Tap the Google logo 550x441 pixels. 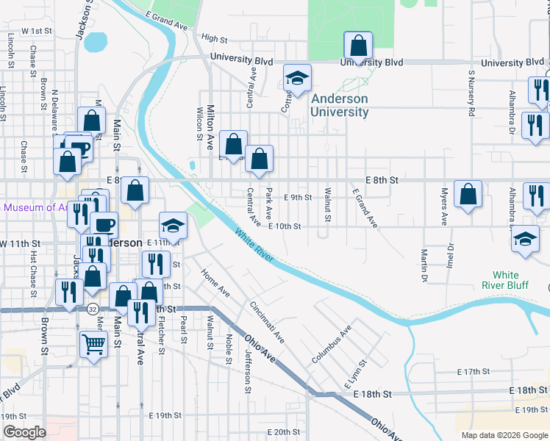click(x=24, y=432)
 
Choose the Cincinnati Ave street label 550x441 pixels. click(x=267, y=322)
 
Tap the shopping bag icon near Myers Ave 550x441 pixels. click(x=468, y=194)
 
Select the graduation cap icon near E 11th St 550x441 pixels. click(x=173, y=225)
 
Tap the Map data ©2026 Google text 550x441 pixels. click(x=504, y=435)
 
